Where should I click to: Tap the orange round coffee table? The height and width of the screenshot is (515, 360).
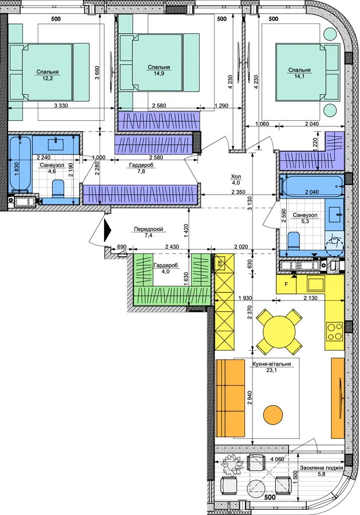point(273,414)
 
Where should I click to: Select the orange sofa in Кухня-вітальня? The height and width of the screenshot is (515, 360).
point(231,398)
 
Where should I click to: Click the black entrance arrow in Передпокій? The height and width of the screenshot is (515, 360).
point(108,231)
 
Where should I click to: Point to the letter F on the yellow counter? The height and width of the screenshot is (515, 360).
point(286,284)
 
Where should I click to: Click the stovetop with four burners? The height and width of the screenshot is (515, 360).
point(334,332)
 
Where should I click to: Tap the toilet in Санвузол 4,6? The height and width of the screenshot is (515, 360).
point(58,189)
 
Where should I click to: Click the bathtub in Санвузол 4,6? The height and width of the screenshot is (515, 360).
point(21,164)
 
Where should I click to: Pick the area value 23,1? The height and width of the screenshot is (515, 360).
point(271,370)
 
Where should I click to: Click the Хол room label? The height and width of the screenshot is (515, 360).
point(236,177)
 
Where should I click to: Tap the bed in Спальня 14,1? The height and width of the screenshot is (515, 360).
point(307,72)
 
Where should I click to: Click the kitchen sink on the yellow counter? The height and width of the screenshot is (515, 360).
point(316,283)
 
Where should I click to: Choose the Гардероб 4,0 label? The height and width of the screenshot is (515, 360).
point(165,268)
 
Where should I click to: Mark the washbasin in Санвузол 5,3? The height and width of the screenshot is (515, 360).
point(335,215)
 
